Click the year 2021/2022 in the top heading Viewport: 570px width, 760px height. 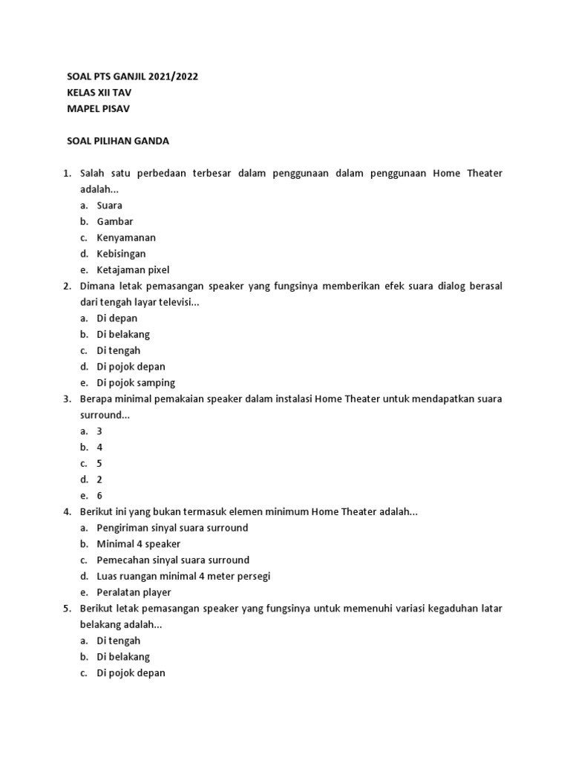[172, 76]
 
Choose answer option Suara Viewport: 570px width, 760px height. [110, 206]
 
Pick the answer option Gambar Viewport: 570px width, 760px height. [115, 221]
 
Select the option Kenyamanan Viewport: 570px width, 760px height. [126, 237]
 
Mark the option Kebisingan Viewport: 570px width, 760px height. [121, 254]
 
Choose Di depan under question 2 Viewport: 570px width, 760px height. [117, 318]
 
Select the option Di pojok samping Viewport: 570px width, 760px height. [136, 383]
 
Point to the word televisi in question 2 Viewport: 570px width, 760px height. [176, 302]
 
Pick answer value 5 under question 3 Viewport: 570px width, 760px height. [99, 463]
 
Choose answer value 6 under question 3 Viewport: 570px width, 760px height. [99, 496]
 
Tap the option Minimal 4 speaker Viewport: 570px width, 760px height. [139, 544]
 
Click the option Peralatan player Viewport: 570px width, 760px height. [134, 592]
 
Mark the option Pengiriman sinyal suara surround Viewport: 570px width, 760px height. [172, 528]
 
